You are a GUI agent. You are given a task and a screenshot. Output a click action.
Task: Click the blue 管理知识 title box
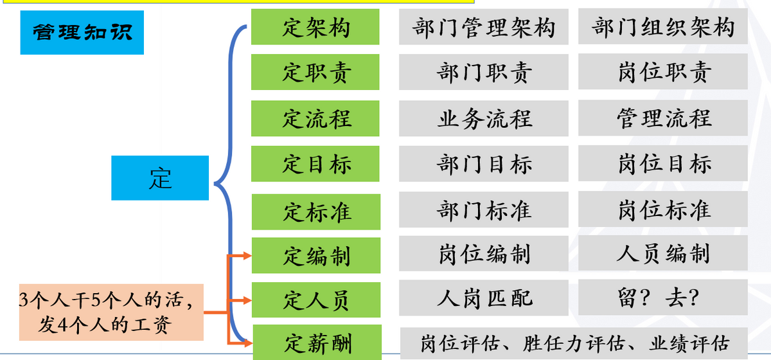(x=82, y=32)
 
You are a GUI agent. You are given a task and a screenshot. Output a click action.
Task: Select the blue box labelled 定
(x=160, y=178)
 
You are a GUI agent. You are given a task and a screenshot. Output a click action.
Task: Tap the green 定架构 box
(x=315, y=27)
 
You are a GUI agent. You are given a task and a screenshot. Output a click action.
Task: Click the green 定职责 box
(x=315, y=72)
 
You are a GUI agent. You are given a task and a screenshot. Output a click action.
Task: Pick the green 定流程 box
(x=315, y=118)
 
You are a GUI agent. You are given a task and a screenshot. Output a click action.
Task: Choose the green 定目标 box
(x=315, y=164)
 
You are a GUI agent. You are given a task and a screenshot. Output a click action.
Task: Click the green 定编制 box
(x=315, y=255)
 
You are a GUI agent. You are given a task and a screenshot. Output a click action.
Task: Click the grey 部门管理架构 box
(x=484, y=27)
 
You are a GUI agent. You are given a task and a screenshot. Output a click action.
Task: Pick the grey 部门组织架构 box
(x=663, y=27)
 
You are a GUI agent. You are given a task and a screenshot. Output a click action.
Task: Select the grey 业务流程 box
(x=484, y=118)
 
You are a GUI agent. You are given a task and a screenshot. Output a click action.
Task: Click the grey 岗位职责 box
(x=663, y=72)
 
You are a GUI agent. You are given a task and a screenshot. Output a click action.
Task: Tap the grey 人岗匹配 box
(x=484, y=298)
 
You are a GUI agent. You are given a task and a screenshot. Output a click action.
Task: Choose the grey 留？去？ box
(x=663, y=298)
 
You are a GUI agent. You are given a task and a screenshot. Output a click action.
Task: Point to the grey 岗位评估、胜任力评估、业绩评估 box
(x=574, y=343)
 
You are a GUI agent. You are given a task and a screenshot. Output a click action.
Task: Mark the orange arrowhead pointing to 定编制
(x=247, y=256)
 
